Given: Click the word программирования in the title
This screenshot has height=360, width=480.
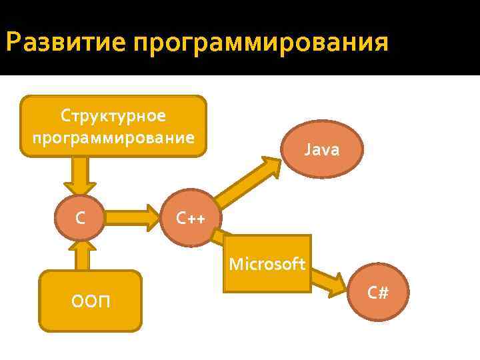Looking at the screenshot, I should (260, 45).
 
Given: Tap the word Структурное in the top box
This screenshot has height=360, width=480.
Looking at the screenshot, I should (113, 115).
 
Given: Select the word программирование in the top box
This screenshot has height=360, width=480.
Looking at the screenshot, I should (113, 137).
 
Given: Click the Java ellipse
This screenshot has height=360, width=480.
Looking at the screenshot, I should (322, 149).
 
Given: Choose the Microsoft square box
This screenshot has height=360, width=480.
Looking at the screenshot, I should (267, 264).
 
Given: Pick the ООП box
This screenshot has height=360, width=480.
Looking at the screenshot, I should (92, 300).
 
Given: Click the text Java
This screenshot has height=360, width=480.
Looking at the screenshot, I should (322, 150).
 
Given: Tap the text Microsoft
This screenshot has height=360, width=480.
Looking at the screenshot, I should (267, 264).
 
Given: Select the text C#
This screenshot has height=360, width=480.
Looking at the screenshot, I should (378, 293).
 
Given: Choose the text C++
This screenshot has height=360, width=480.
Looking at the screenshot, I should (190, 218).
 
